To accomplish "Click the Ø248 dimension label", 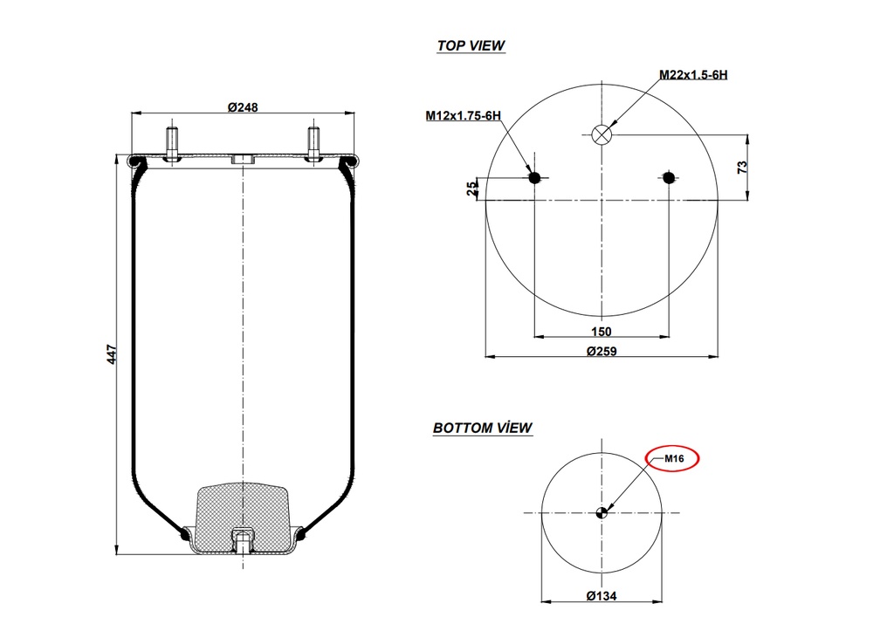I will coord(243,106).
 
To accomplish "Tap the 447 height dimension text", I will coord(111,354).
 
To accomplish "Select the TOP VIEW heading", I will coord(471,45).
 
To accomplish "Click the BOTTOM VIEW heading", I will coord(482,428).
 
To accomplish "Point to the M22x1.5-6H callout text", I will coord(692,75).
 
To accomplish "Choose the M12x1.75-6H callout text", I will coord(462,115).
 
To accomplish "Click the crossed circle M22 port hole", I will coord(602,134).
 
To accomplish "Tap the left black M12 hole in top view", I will coord(535,178).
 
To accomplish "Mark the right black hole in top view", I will coord(669,178).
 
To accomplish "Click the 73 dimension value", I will coord(743,167).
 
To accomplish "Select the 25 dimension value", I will coord(472,189).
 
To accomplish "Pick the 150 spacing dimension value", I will coord(601,331).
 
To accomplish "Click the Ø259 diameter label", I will coord(601,351).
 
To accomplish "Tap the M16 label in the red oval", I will coord(673,459).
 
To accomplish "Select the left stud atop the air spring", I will coord(172,143).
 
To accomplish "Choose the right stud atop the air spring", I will coord(313,143).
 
